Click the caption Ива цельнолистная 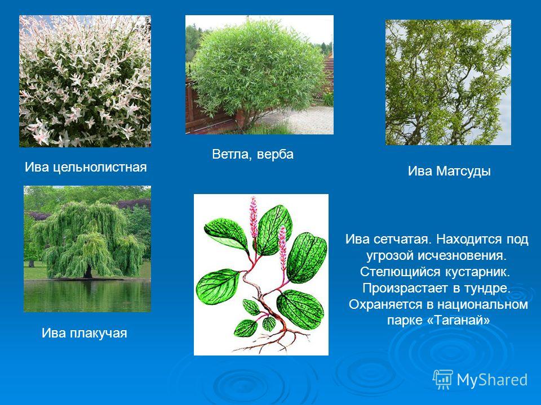click(86, 167)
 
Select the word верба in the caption click(275, 154)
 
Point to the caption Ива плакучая click(84, 333)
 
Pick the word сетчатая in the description click(402, 239)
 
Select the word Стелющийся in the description click(399, 272)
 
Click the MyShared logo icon click(443, 380)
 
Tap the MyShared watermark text click(493, 380)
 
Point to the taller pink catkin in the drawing click(254, 217)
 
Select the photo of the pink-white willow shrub click(85, 81)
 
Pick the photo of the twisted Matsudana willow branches click(448, 82)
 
